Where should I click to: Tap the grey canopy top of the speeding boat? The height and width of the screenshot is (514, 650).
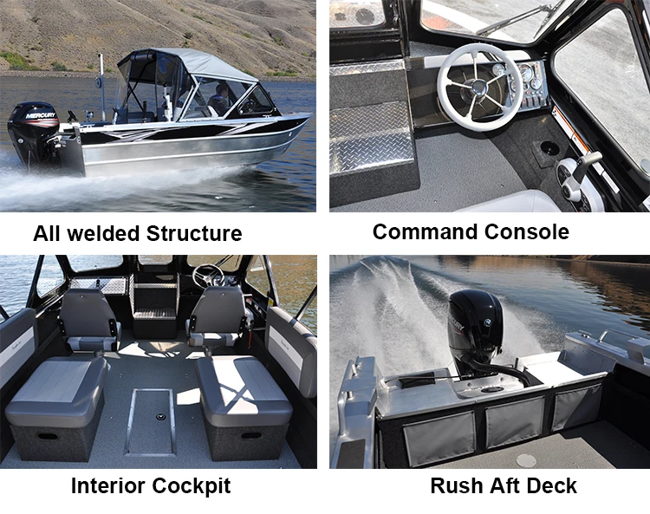click(186, 62)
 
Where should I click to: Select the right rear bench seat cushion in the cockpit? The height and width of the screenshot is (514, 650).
click(242, 381)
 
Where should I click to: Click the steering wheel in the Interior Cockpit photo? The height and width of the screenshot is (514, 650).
click(208, 277)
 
